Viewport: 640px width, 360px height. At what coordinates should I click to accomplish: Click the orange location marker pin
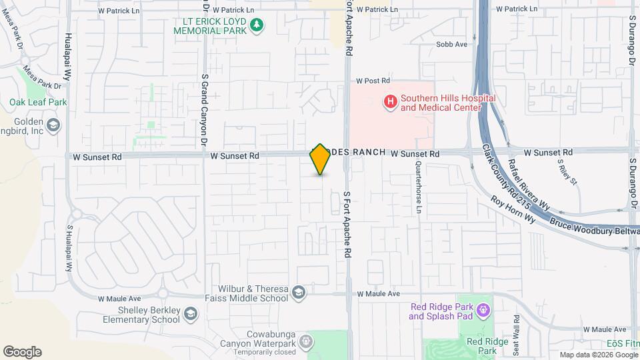[320, 159]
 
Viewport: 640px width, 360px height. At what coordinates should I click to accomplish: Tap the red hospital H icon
[390, 102]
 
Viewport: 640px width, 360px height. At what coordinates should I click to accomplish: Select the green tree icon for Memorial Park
[257, 25]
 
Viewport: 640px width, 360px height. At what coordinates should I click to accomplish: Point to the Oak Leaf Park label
[38, 103]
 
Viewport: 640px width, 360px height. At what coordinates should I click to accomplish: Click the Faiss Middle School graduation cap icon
[299, 293]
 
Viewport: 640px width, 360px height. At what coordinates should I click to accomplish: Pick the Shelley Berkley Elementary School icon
[191, 314]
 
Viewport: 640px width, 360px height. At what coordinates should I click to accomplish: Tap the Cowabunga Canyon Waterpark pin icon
[305, 341]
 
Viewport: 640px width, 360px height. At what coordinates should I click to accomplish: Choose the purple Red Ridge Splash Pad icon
[483, 310]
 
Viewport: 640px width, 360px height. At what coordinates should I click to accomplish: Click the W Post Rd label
[373, 81]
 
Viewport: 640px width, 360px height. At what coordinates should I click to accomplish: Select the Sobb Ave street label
[451, 45]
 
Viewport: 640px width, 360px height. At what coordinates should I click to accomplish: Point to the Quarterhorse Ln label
[419, 188]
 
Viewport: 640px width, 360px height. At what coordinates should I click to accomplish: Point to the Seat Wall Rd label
[516, 334]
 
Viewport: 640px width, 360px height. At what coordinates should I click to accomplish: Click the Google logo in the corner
[22, 351]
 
